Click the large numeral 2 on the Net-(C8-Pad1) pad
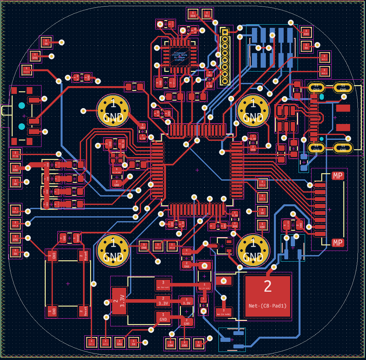point(267,287)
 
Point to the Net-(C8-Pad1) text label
point(267,306)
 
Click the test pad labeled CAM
point(171,343)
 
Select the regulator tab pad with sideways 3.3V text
point(119,301)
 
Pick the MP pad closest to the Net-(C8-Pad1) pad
point(337,243)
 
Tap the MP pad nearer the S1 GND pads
point(337,176)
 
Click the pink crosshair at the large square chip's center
point(197,170)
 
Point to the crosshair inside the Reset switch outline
point(68,284)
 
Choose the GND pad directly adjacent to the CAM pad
point(184,343)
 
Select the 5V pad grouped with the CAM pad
point(199,343)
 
